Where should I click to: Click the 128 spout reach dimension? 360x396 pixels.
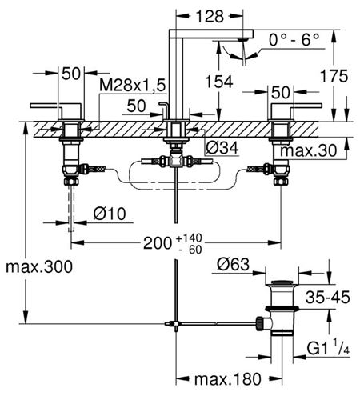pos(210,17)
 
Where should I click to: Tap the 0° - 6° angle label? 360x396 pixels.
pos(294,40)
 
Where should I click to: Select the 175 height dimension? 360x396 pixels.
pos(334,76)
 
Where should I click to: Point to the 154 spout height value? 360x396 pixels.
pos(219,82)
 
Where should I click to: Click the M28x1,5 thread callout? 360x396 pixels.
pos(133,86)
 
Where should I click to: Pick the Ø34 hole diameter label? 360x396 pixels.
pos(222,147)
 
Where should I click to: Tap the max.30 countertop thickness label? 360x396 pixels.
pos(309,150)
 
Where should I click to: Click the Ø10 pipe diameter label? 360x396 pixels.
pos(110,214)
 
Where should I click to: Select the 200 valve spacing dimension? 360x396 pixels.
pos(158,243)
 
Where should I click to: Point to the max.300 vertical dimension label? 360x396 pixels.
pos(39,266)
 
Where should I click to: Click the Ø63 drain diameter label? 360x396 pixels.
pos(234,265)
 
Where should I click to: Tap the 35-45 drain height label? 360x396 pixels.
pos(327,297)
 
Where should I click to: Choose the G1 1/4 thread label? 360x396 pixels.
pos(328,347)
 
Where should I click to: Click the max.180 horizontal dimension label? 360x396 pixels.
pos(228,379)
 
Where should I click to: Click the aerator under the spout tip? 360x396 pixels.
pos(242,39)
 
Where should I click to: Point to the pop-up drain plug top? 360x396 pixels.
pos(282,282)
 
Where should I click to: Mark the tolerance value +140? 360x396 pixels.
pos(190,238)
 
